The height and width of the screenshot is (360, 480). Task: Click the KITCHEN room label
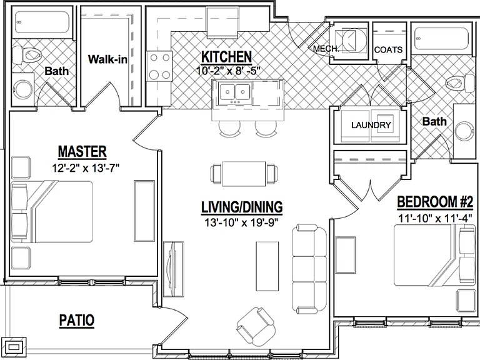coord(226,57)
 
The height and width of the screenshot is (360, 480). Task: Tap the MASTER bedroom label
coord(82,151)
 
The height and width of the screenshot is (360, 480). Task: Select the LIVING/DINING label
coord(242,207)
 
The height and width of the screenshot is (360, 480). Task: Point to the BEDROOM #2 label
coord(435,202)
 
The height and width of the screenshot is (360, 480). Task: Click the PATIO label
coord(76,321)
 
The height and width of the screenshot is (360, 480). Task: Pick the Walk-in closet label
coord(107,59)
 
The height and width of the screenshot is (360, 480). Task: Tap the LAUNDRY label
coord(371,125)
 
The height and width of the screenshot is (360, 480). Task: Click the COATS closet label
coord(388,49)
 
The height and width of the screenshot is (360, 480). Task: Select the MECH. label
coord(326,48)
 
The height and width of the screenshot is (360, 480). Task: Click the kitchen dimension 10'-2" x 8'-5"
coord(228,71)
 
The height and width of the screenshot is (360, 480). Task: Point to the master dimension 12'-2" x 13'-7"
coord(86,167)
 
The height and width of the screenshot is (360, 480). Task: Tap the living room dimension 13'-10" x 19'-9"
coord(241,222)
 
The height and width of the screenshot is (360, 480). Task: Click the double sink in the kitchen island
coord(235,92)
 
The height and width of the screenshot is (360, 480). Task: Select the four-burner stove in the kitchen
coord(159,66)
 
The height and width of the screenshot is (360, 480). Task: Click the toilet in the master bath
coord(27,56)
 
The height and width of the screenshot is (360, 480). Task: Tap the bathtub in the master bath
coord(42,22)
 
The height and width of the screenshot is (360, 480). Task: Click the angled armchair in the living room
coord(256,326)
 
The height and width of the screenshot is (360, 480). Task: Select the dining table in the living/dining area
coord(244,174)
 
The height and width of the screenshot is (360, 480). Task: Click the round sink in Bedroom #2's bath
coord(464,131)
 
